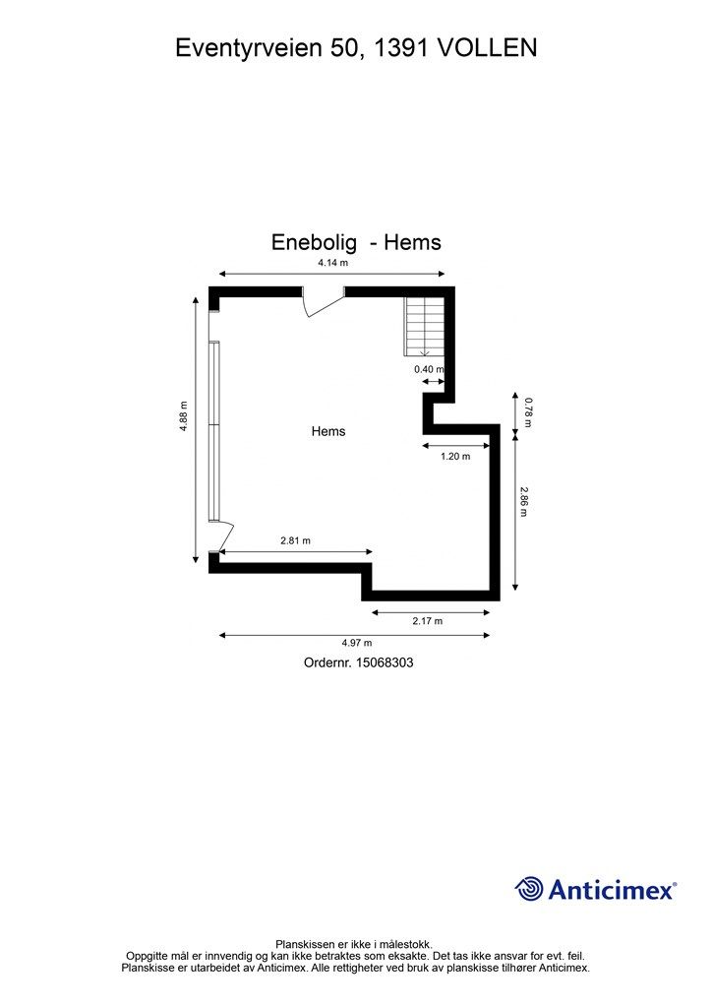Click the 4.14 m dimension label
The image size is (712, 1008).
(x=332, y=263)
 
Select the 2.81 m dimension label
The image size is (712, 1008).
(x=295, y=540)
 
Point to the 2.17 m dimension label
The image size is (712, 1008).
(x=427, y=621)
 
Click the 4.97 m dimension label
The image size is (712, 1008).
(x=356, y=644)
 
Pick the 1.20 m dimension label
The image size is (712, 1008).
(x=454, y=456)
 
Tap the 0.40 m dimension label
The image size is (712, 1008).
(x=428, y=369)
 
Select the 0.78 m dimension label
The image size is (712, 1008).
(x=527, y=411)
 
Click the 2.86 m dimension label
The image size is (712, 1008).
(x=525, y=502)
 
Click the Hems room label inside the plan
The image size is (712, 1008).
(x=328, y=431)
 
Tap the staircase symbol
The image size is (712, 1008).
(x=425, y=326)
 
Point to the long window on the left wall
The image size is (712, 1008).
(x=213, y=431)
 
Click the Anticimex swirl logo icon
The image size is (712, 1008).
(x=530, y=889)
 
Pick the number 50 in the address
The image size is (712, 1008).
(x=344, y=47)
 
